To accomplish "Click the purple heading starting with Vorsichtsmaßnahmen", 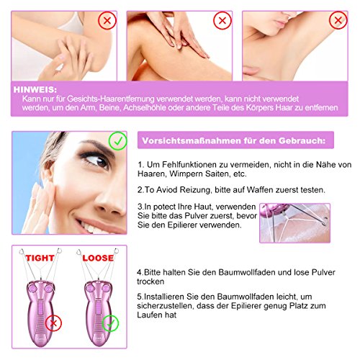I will tap(232, 142).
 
